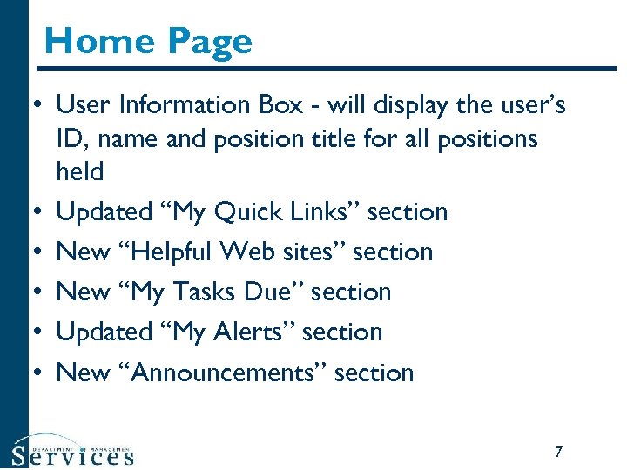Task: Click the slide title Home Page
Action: point(148,41)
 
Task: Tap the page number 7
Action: point(558,452)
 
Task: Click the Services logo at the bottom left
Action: point(73,451)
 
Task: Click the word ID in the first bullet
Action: point(69,138)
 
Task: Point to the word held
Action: point(79,171)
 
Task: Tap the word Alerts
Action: point(247,332)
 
